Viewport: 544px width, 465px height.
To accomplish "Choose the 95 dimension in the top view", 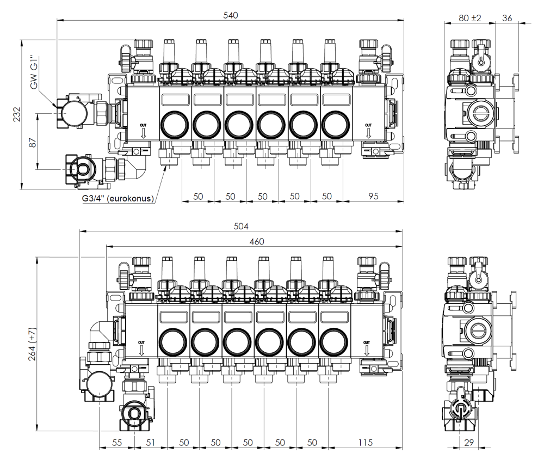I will pyautogui.click(x=374, y=195).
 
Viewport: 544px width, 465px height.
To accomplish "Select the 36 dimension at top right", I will pyautogui.click(x=507, y=17).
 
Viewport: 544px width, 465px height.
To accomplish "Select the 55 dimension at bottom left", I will pyautogui.click(x=116, y=443).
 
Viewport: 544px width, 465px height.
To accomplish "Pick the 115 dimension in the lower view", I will pyautogui.click(x=366, y=443).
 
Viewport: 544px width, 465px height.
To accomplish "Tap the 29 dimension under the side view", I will pyautogui.click(x=468, y=443).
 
